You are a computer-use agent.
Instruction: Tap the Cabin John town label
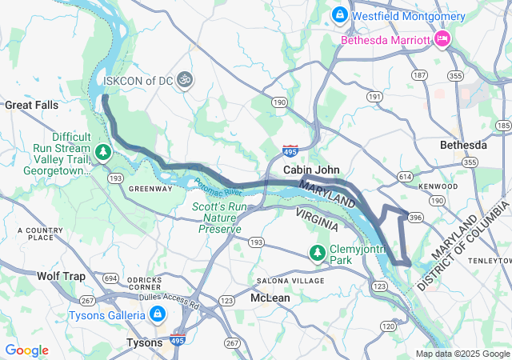coord(312,170)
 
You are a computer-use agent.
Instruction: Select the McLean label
coord(270,298)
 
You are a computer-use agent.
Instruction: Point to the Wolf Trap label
coord(61,276)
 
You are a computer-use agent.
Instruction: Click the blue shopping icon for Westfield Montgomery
coord(339,15)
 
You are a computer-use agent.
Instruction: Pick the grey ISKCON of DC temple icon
coord(186,79)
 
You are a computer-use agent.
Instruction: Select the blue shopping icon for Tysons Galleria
coord(158,314)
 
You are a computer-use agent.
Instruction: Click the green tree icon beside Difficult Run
coord(102,150)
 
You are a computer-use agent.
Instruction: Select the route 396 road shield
coord(415,217)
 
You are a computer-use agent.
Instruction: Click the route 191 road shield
coord(374,96)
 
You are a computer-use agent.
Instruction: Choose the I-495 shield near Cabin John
coord(290,150)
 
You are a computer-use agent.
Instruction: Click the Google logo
coord(26,350)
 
